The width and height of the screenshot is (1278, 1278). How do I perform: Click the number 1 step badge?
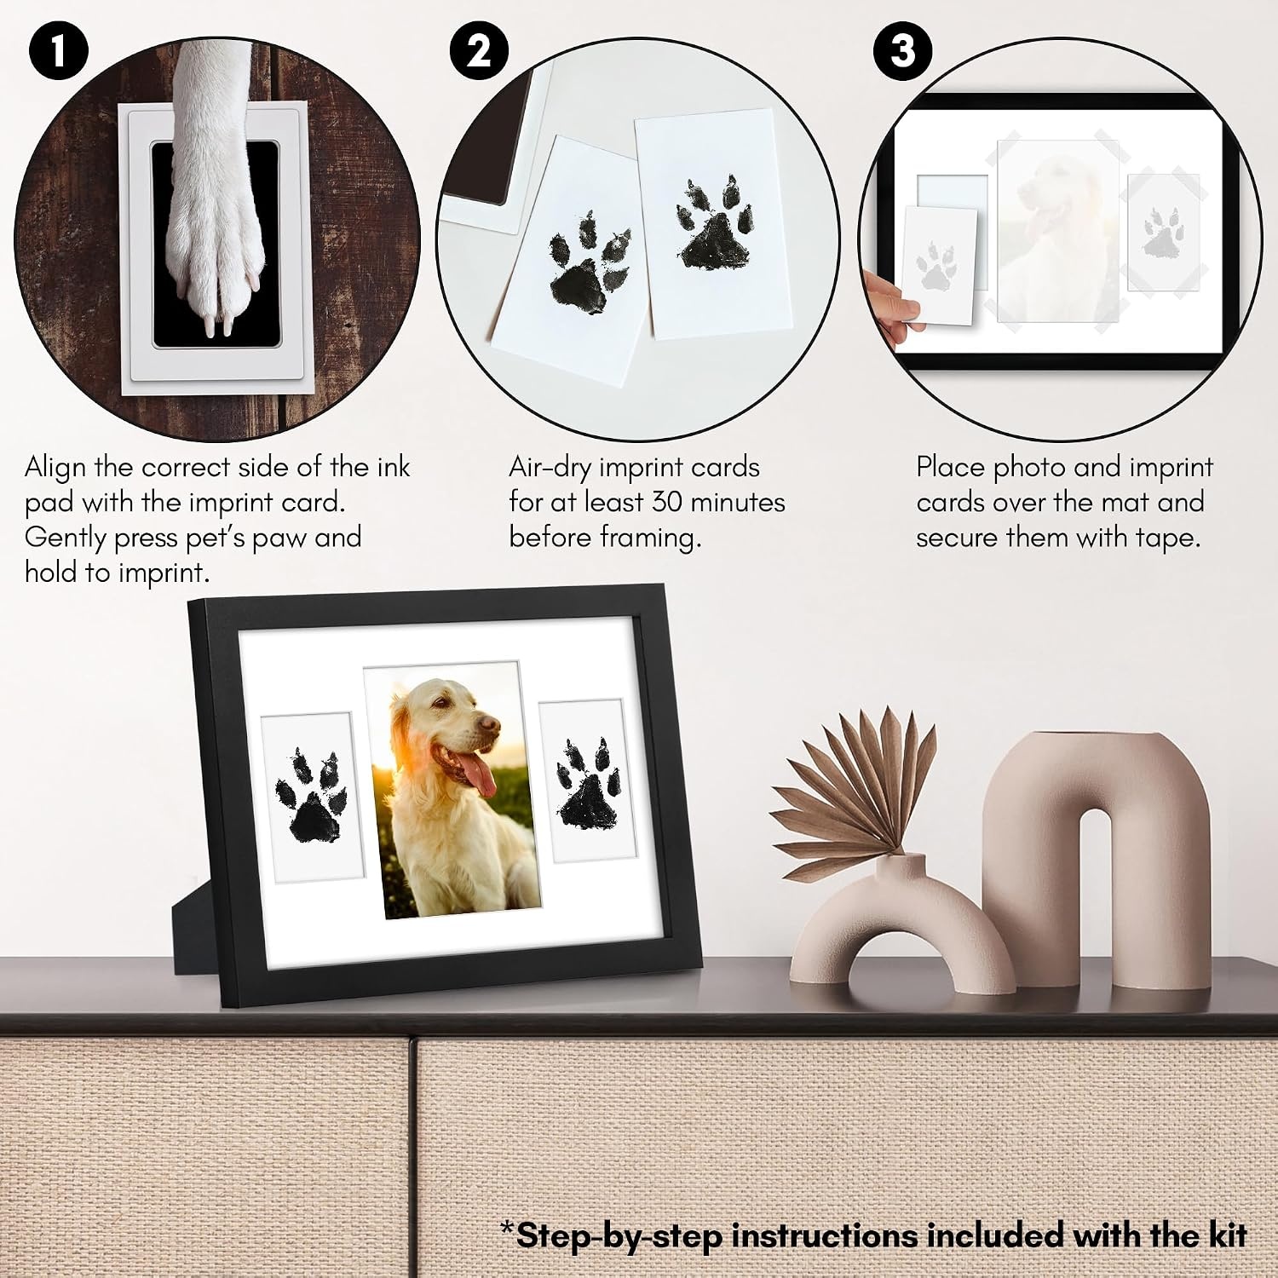coord(58,51)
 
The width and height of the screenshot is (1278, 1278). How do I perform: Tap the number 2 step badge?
coord(479,51)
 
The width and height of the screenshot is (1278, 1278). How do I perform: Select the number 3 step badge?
coord(902,51)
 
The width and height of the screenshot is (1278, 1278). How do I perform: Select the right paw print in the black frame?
coord(587,782)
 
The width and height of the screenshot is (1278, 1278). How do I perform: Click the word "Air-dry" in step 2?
coord(550,469)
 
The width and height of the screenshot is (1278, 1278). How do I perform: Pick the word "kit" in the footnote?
coord(1227,1235)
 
